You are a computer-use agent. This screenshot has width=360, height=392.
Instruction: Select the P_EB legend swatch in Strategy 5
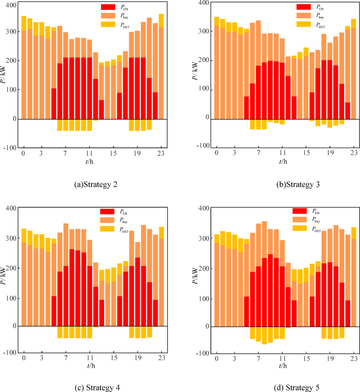pyautogui.click(x=300, y=211)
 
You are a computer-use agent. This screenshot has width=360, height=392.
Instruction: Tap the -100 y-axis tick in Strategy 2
pyautogui.click(x=9, y=148)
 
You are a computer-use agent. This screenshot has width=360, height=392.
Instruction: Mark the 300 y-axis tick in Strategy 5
pyautogui.click(x=203, y=239)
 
